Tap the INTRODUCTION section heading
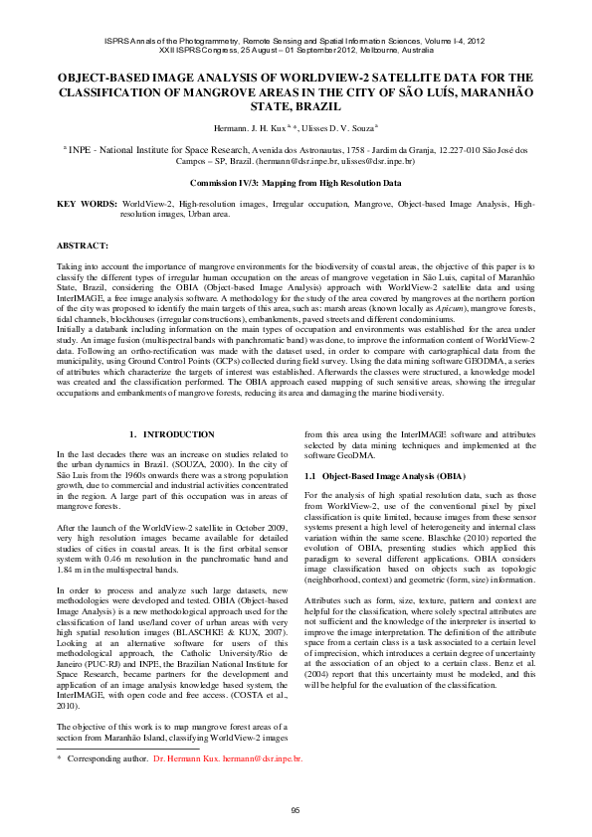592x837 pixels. click(172, 434)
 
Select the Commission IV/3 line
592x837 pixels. click(296, 183)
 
